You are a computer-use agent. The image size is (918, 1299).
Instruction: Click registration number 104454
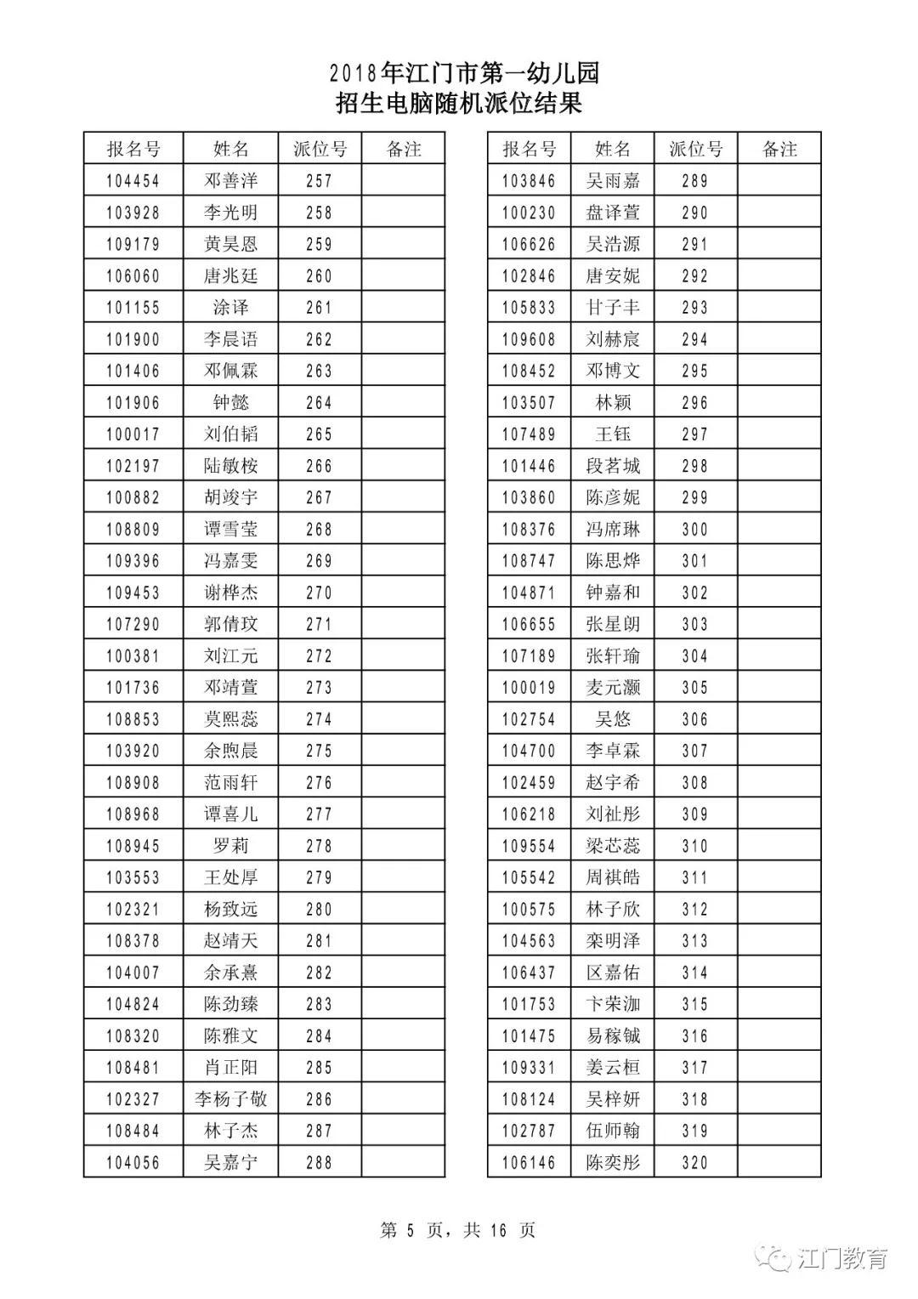pyautogui.click(x=133, y=181)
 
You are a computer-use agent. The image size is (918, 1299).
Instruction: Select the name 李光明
pyautogui.click(x=230, y=213)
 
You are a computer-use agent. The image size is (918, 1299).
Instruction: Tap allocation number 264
pyautogui.click(x=319, y=403)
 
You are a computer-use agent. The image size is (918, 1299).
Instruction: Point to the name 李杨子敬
pyautogui.click(x=230, y=1099)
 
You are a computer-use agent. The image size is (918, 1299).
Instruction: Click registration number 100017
pyautogui.click(x=133, y=434)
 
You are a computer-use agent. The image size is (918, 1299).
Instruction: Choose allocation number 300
pyautogui.click(x=694, y=530)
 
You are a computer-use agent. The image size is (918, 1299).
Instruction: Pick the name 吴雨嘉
pyautogui.click(x=612, y=181)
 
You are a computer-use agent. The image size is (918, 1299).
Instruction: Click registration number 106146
pyautogui.click(x=529, y=1163)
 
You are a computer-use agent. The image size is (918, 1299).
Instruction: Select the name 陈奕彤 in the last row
pyautogui.click(x=612, y=1163)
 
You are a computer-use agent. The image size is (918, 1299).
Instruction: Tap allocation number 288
pyautogui.click(x=319, y=1163)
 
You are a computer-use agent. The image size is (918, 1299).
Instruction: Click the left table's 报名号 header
pyautogui.click(x=133, y=150)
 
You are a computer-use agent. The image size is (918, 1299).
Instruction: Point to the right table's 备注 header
pyautogui.click(x=779, y=150)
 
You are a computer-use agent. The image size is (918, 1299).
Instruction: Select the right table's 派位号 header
pyautogui.click(x=695, y=150)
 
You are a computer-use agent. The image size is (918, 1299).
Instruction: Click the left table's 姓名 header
pyautogui.click(x=230, y=150)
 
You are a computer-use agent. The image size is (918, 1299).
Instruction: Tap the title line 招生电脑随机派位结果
pyautogui.click(x=459, y=104)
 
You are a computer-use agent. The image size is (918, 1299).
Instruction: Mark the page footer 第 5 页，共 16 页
pyautogui.click(x=458, y=1230)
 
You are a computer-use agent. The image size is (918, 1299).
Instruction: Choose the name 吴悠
pyautogui.click(x=612, y=719)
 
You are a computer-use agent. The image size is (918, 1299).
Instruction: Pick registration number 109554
pyautogui.click(x=529, y=846)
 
